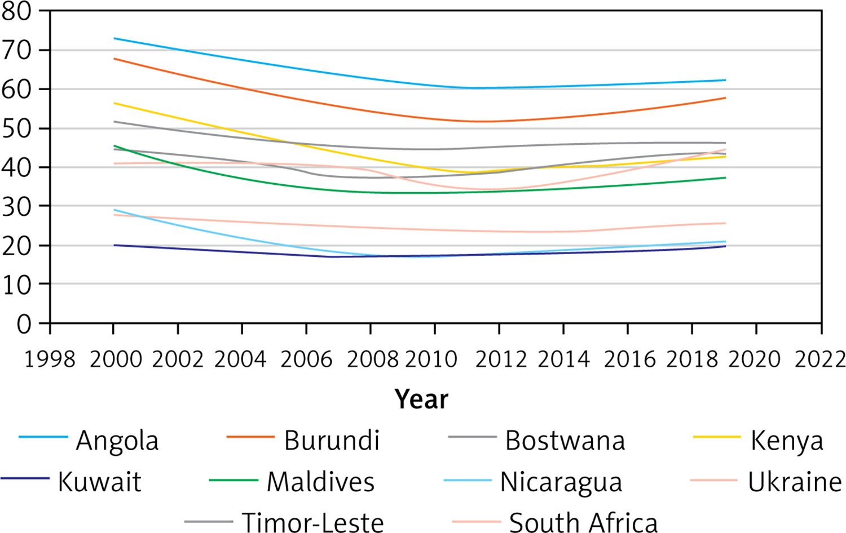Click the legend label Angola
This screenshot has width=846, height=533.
click(x=117, y=441)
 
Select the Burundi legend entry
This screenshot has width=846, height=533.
click(x=332, y=440)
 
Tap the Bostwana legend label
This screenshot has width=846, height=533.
click(x=565, y=441)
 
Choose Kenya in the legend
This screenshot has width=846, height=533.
click(x=787, y=441)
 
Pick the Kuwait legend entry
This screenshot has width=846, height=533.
click(x=100, y=482)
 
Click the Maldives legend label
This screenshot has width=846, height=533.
click(x=321, y=482)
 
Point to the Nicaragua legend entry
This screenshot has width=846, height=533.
click(x=561, y=482)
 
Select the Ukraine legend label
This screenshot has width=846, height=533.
click(x=795, y=482)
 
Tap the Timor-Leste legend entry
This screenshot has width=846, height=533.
click(x=312, y=522)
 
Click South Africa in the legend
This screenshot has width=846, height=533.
click(x=584, y=522)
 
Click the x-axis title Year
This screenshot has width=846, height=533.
click(x=421, y=399)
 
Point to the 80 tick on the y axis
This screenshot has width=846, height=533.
click(x=16, y=12)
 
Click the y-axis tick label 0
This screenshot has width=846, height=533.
click(x=24, y=323)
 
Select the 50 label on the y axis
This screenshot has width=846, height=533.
click(x=16, y=129)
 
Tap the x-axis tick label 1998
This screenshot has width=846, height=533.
click(x=50, y=359)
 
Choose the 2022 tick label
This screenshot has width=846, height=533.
click(x=820, y=359)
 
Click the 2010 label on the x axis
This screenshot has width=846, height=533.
click(x=431, y=359)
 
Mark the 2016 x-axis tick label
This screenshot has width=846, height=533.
click(x=629, y=359)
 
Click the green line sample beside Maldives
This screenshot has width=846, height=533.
click(x=234, y=480)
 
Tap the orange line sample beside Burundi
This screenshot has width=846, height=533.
click(x=251, y=437)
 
